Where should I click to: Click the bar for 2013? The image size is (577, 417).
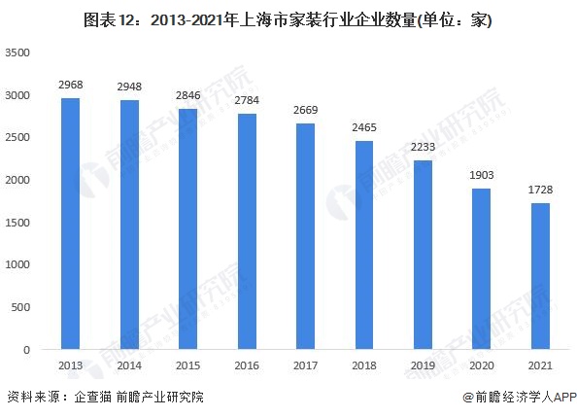pos(69,224)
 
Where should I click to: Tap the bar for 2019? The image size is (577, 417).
pos(423,255)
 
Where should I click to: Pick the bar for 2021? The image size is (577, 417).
pos(541,276)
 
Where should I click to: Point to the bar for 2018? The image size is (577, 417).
pos(364,245)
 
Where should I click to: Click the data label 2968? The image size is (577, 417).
pos(69,86)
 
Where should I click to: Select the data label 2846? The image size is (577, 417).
pos(187,96)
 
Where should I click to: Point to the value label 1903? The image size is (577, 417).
pos(482,176)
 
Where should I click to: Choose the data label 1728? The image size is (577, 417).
pos(541,191)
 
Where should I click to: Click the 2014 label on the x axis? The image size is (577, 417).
pos(128,365)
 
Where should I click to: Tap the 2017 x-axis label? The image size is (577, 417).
pos(305,365)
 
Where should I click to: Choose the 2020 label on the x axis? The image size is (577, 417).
pos(482,365)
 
